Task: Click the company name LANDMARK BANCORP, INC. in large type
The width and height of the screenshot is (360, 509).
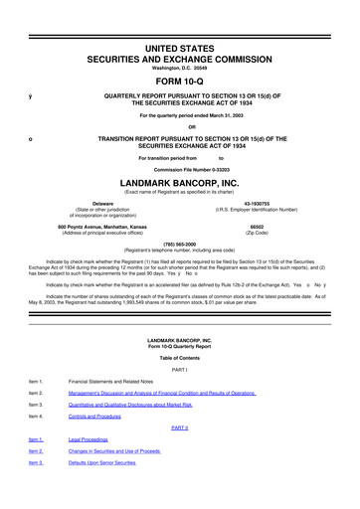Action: (x=180, y=184)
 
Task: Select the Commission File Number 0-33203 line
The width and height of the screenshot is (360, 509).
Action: (x=180, y=170)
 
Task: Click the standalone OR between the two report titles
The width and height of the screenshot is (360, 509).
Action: (x=180, y=125)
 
